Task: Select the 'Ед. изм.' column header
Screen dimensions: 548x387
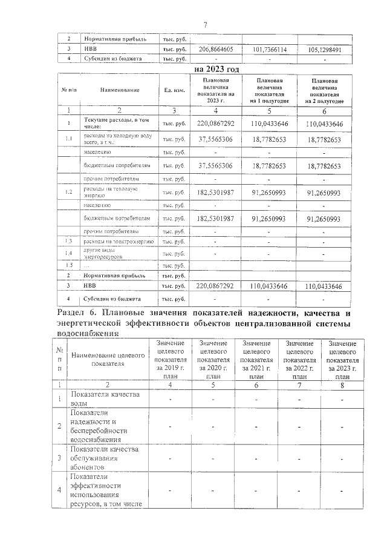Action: [175, 90]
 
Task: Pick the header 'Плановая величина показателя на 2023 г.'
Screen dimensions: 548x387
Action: [216, 90]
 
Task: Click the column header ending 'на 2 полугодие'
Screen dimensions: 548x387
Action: [325, 90]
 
